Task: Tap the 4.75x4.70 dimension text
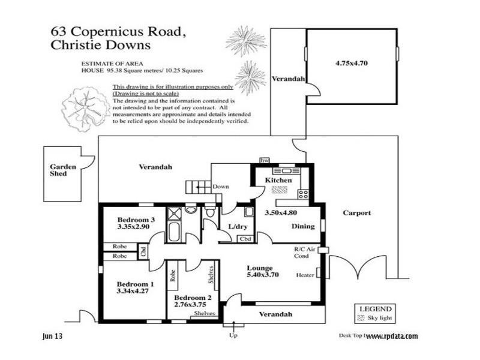[351, 62]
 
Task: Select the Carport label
[356, 213]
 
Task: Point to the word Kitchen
[279, 180]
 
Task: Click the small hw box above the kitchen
[264, 161]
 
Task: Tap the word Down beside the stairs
[221, 187]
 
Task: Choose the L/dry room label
[239, 226]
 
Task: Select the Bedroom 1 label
[135, 284]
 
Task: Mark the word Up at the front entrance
[233, 335]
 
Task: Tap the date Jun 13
[52, 337]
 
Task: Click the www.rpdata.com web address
[391, 337]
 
